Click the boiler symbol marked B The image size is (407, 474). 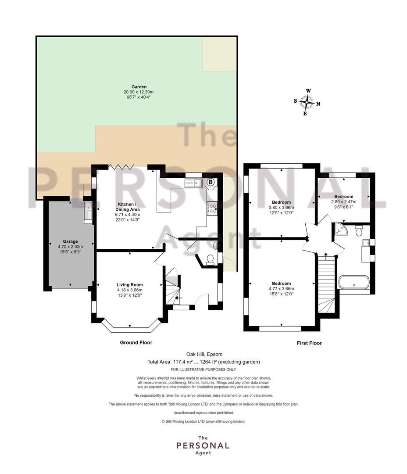point(211,182)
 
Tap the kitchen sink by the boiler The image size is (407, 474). point(194,183)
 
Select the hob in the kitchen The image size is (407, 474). point(212,208)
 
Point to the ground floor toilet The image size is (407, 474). point(210,260)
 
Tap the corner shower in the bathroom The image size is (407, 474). point(341,229)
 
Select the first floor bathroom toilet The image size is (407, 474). point(359,230)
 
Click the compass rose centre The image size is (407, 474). point(307,102)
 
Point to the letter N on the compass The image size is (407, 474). point(318,104)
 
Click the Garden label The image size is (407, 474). point(139,87)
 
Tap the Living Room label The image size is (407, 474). point(130,284)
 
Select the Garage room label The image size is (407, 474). point(71,241)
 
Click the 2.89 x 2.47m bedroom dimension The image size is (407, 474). point(344,201)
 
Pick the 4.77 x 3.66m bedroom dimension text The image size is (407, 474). point(281,289)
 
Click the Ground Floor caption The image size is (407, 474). point(136,342)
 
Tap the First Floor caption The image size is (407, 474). point(309,343)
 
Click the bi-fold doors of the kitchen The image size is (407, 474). point(121,167)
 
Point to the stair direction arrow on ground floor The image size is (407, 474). point(179,298)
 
